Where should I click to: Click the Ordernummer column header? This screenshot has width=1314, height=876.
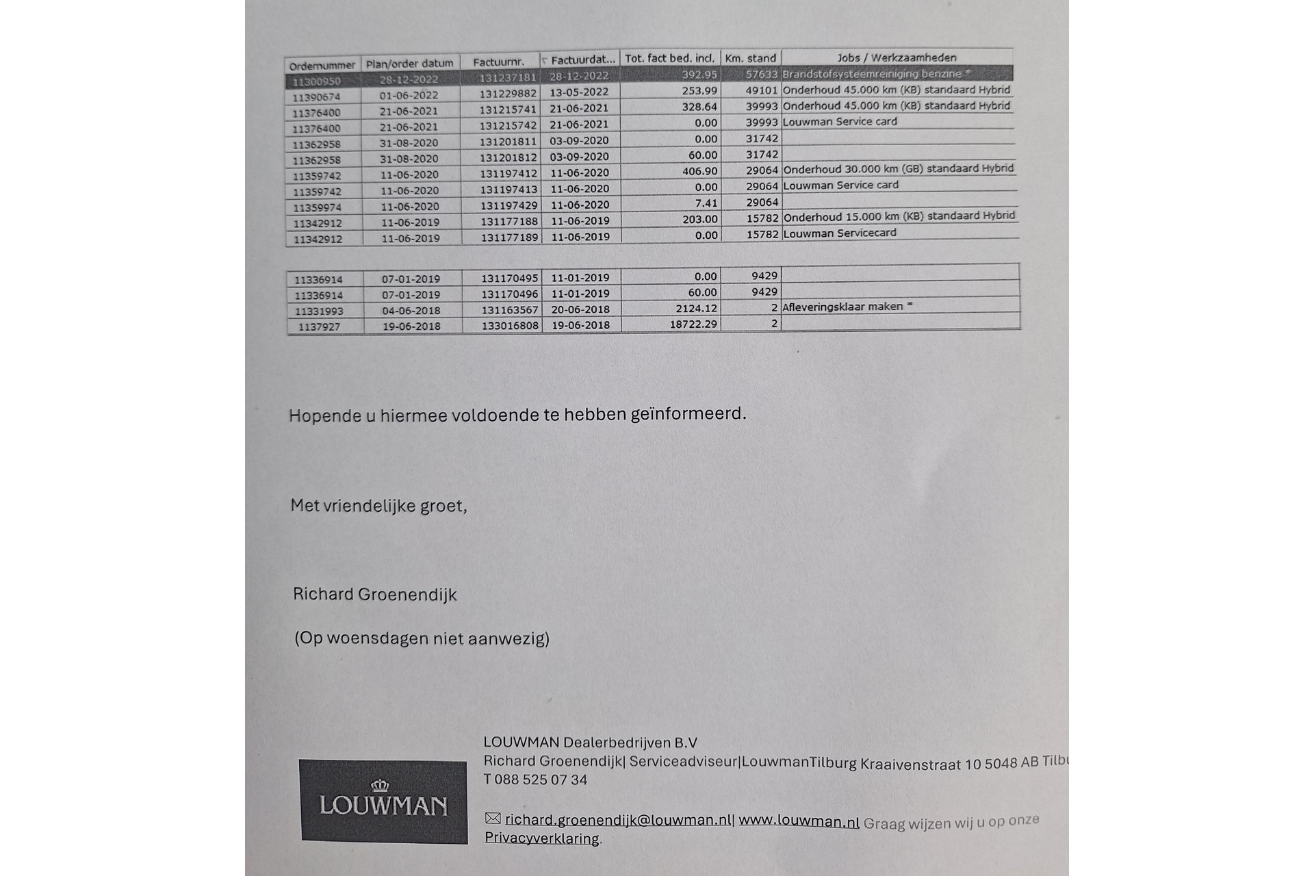tap(322, 66)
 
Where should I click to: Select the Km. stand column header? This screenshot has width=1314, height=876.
tap(750, 58)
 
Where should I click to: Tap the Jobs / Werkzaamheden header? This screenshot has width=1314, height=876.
tap(897, 57)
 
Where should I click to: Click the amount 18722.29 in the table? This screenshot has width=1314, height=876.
tap(693, 324)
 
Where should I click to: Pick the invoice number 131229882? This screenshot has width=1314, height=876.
tap(508, 93)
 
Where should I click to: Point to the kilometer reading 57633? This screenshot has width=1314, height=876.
tap(761, 74)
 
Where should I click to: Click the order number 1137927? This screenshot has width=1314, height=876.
tap(319, 327)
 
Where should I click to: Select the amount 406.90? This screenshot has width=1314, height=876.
tap(699, 171)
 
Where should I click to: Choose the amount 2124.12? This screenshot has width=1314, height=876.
tap(696, 309)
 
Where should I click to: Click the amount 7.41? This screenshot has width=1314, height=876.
tap(706, 203)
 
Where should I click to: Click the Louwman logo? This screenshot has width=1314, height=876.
tap(383, 801)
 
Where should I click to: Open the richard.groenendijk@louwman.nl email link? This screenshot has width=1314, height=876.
tap(618, 820)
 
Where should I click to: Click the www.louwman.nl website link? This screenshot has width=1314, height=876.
tap(799, 821)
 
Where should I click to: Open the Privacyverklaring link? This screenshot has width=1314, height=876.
tap(541, 838)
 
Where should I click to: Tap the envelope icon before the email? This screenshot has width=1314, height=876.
tap(493, 819)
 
